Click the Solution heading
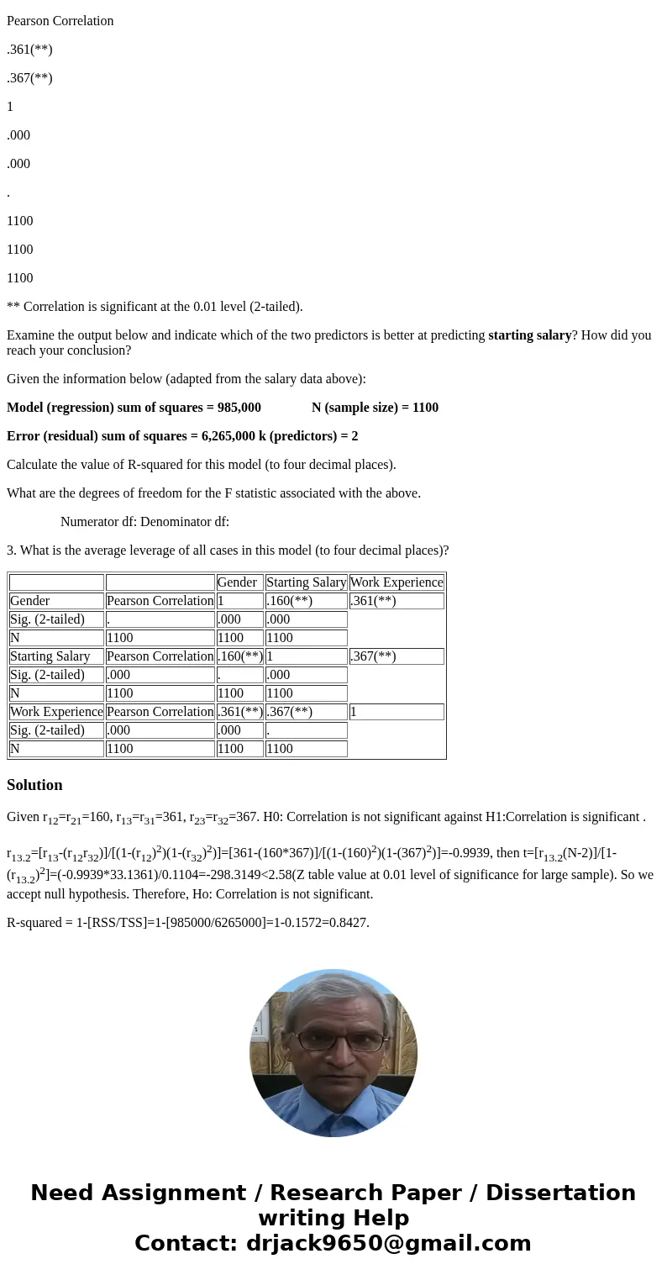pos(34,785)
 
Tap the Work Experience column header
pos(396,582)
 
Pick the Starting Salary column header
pos(306,582)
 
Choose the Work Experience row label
pos(56,712)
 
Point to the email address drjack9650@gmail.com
pos(388,1243)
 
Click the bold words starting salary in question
pos(530,335)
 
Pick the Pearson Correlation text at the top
pos(60,21)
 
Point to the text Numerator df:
pos(98,522)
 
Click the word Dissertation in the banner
pos(560,1193)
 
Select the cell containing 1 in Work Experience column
pos(396,712)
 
